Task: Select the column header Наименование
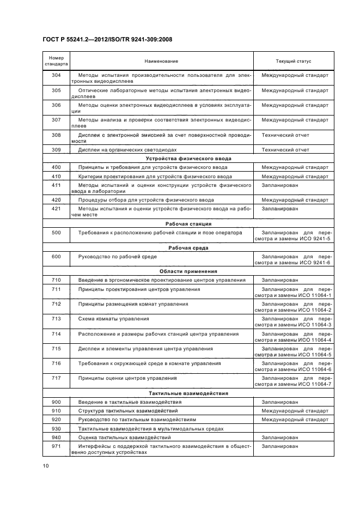[x=161, y=62]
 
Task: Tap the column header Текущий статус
[x=294, y=62]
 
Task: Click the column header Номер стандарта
[x=56, y=62]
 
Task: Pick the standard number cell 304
[x=56, y=75]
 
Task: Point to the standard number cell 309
[x=56, y=149]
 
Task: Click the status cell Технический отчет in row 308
[x=285, y=135]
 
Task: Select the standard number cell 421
[x=56, y=208]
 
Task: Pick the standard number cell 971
[x=56, y=446]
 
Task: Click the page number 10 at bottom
[x=46, y=465]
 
